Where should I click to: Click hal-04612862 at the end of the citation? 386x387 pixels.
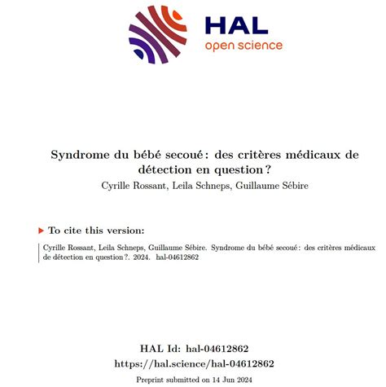click(x=178, y=257)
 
